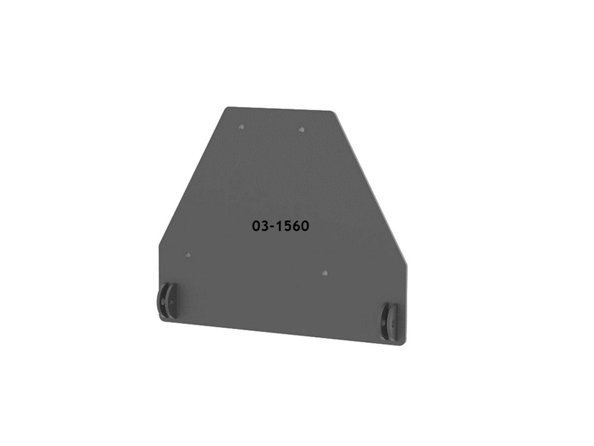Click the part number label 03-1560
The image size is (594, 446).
click(281, 226)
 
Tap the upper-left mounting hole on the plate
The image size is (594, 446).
click(241, 126)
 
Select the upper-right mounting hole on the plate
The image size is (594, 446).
click(301, 129)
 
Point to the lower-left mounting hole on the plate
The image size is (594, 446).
click(187, 255)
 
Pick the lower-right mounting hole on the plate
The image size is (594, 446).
click(324, 273)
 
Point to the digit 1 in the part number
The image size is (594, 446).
click(279, 226)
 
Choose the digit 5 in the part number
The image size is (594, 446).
click(287, 226)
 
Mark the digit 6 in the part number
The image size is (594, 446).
click(295, 226)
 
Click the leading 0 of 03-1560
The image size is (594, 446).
click(256, 226)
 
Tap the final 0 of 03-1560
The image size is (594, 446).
click(304, 226)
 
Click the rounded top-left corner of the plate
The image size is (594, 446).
click(228, 109)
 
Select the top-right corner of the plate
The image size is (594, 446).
click(332, 113)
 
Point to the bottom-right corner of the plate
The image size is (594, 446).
click(404, 342)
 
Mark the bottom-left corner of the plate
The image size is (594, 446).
click(162, 318)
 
